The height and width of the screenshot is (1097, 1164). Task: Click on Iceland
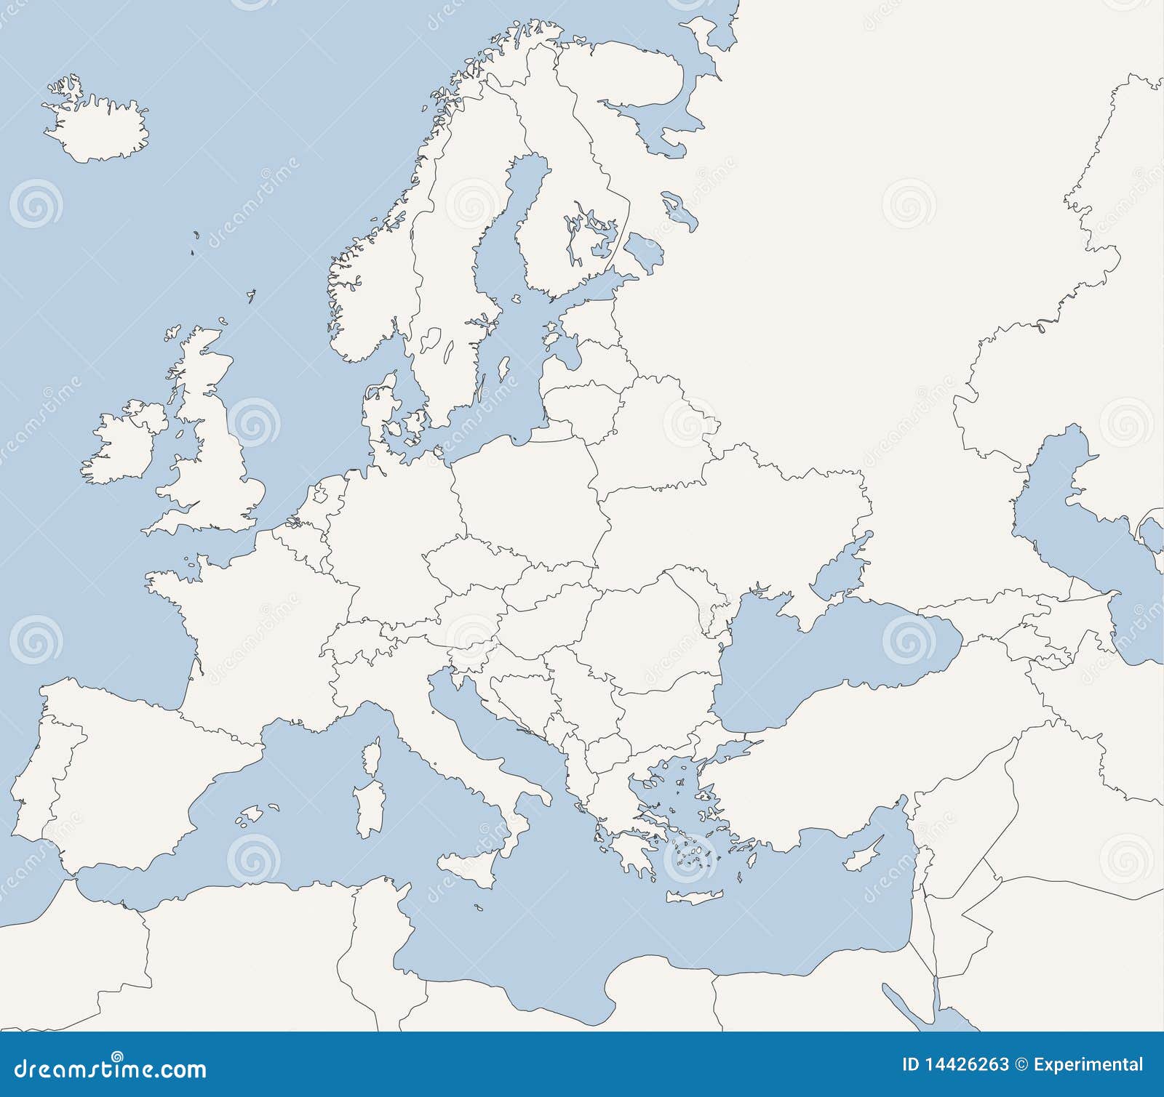coord(98,131)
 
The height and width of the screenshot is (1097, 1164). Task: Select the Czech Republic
coord(473,563)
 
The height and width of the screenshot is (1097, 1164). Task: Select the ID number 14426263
coord(965,1065)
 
